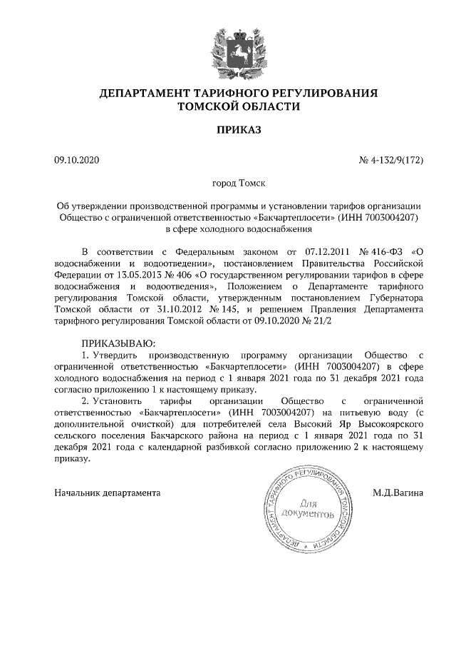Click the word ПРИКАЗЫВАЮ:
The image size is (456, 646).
tap(113, 343)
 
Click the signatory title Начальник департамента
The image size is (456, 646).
tap(108, 493)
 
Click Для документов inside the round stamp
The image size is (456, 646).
tap(307, 508)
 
